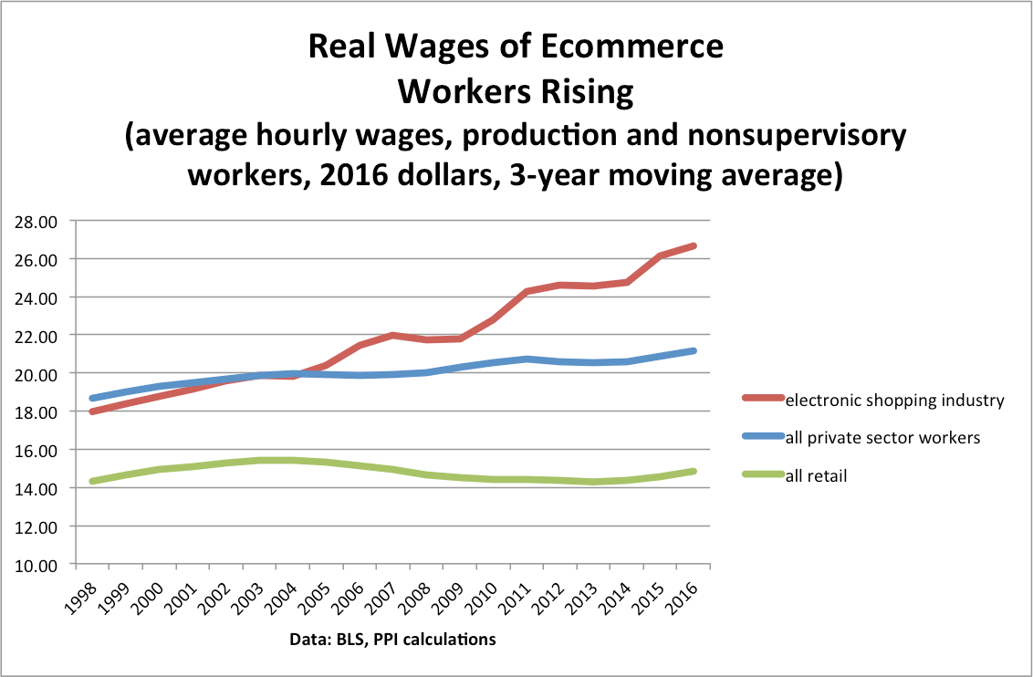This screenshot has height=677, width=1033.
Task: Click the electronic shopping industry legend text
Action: (894, 400)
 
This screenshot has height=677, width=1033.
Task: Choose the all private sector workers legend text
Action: (882, 438)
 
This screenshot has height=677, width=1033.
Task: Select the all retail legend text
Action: (816, 475)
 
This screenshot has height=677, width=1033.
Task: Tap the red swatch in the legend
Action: (760, 400)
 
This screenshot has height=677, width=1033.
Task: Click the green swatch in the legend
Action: (760, 475)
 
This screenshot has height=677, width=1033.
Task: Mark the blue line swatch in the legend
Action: (760, 438)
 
